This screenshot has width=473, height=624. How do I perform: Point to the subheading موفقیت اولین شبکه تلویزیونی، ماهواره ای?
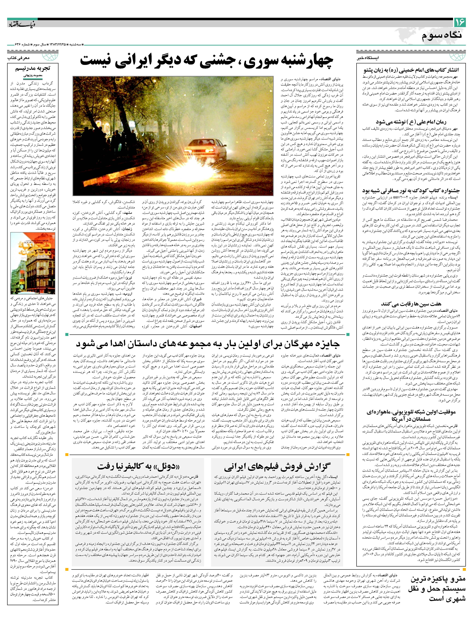411,415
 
